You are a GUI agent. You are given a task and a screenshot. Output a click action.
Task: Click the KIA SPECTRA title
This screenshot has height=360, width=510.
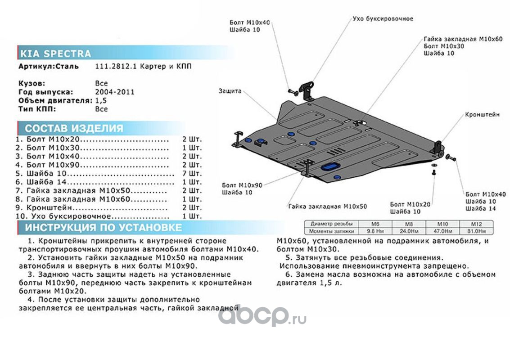pyautogui.click(x=55, y=54)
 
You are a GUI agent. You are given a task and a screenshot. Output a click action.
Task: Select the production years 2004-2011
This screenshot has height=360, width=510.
pyautogui.click(x=114, y=92)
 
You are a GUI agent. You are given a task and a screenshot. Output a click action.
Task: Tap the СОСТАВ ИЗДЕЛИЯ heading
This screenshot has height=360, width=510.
pyautogui.click(x=74, y=128)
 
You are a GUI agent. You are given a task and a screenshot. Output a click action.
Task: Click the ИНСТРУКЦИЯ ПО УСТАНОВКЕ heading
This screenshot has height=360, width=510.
pyautogui.click(x=104, y=227)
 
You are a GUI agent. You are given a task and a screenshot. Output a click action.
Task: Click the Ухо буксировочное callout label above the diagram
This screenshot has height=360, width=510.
pyautogui.click(x=383, y=19)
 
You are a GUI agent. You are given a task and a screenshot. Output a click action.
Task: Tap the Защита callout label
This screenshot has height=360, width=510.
pyautogui.click(x=230, y=91)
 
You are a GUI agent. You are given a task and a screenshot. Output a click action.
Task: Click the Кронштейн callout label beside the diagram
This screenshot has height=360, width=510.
pyautogui.click(x=482, y=115)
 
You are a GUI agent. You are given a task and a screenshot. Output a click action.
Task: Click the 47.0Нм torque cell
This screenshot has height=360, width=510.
pyautogui.click(x=443, y=231)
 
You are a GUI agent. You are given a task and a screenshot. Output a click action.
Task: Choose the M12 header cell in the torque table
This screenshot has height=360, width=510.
pyautogui.click(x=476, y=224)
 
